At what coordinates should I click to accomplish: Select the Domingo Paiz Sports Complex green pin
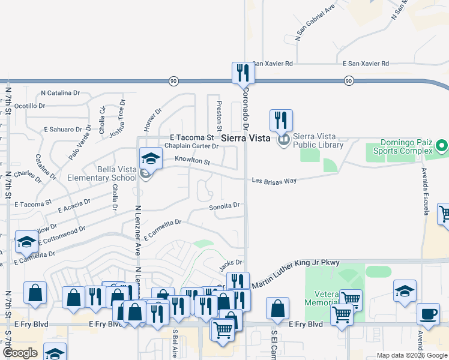[442, 146]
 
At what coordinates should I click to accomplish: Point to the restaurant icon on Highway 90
[243, 73]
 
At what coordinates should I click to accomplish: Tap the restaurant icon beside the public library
[281, 120]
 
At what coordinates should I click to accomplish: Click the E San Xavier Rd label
[366, 64]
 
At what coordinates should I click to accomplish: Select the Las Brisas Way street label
[274, 180]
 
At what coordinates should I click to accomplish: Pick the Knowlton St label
[192, 161]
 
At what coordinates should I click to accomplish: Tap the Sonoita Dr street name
[224, 207]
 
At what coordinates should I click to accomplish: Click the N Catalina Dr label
[60, 93]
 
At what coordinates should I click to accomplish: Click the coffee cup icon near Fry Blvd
[429, 314]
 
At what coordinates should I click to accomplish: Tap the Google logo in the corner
[20, 353]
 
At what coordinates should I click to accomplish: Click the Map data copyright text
[411, 355]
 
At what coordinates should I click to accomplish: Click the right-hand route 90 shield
[349, 80]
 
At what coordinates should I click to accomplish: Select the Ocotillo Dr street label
[29, 106]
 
